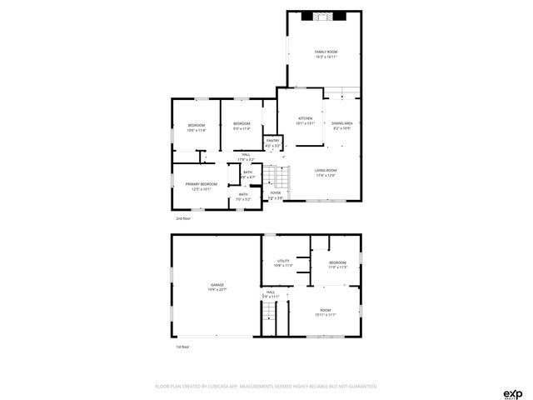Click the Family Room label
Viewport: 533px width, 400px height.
(x=326, y=54)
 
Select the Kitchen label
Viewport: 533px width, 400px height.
(x=305, y=121)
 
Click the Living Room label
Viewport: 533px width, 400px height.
(x=326, y=172)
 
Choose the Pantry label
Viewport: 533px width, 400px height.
(x=272, y=142)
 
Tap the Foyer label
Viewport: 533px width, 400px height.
(x=275, y=195)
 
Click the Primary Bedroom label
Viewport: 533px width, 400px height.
(x=201, y=186)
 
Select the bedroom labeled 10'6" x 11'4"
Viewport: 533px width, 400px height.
(x=196, y=127)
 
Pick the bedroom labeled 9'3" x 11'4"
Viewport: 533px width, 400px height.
(x=242, y=126)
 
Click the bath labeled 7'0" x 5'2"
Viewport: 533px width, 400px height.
(x=242, y=197)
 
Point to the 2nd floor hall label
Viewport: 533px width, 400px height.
(x=246, y=157)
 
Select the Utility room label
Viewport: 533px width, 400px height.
(x=283, y=263)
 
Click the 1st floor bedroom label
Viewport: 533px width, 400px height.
(x=337, y=265)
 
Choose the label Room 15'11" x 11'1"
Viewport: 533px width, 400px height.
(x=326, y=312)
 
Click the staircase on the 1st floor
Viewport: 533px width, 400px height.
(x=268, y=317)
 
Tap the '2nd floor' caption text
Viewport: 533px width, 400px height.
(x=182, y=218)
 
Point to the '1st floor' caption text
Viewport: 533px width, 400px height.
(x=182, y=347)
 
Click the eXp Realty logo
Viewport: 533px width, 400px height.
(x=511, y=393)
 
